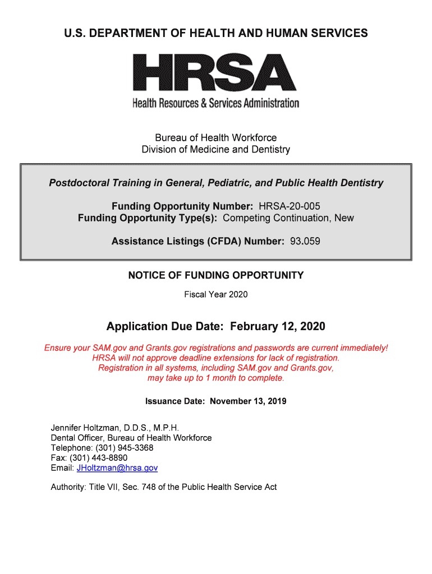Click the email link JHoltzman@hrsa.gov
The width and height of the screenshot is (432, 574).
pos(117,467)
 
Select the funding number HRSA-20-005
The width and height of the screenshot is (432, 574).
pos(289,206)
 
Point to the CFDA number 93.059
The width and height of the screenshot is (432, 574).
pos(305,241)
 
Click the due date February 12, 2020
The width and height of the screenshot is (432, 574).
pos(278,326)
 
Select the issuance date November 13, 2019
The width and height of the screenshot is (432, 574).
pos(248,401)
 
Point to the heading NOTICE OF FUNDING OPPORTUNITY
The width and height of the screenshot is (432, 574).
pos(216,275)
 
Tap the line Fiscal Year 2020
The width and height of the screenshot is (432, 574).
pos(216,294)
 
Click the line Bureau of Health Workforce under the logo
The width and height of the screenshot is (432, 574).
pos(216,138)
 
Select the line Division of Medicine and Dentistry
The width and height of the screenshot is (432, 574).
pos(216,150)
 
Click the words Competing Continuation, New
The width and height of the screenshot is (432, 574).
pos(288,217)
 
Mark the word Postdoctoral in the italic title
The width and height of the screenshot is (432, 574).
pos(79,183)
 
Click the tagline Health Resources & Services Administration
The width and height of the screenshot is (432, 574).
pos(216,103)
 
